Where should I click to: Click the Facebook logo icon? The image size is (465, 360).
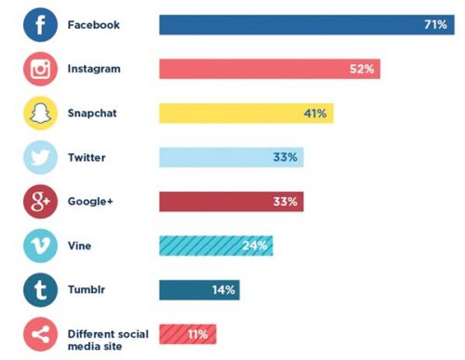tap(40, 25)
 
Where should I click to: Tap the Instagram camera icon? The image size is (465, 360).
tap(40, 70)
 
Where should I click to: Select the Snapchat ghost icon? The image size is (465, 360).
tap(40, 113)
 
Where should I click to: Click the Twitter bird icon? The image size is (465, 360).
tap(40, 158)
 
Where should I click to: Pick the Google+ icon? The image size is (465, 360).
tap(40, 202)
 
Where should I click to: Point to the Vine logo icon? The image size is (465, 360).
tap(40, 247)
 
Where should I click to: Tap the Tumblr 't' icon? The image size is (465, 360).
tap(40, 290)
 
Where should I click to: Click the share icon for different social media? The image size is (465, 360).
tap(40, 334)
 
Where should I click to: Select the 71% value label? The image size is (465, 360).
tap(435, 25)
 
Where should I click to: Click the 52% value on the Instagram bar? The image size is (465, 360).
tap(363, 70)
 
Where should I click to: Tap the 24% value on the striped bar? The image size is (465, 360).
tap(255, 247)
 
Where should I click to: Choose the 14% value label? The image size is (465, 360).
tap(223, 290)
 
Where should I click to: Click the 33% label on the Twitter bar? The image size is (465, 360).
tap(286, 158)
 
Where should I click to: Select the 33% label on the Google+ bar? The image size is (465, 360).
tap(286, 202)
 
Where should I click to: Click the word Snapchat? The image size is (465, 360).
tap(94, 113)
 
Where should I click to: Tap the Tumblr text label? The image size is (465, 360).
tap(87, 290)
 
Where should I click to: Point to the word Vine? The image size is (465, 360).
tap(80, 247)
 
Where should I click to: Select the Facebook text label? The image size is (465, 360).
tap(94, 25)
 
